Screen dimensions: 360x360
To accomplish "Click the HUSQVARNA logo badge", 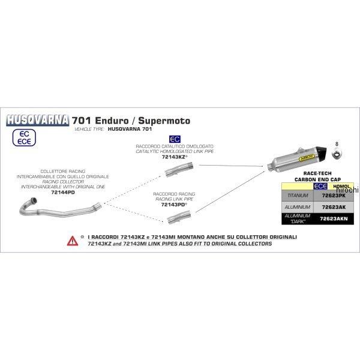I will click(37, 119).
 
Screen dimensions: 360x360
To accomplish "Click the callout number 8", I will click(337, 145).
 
